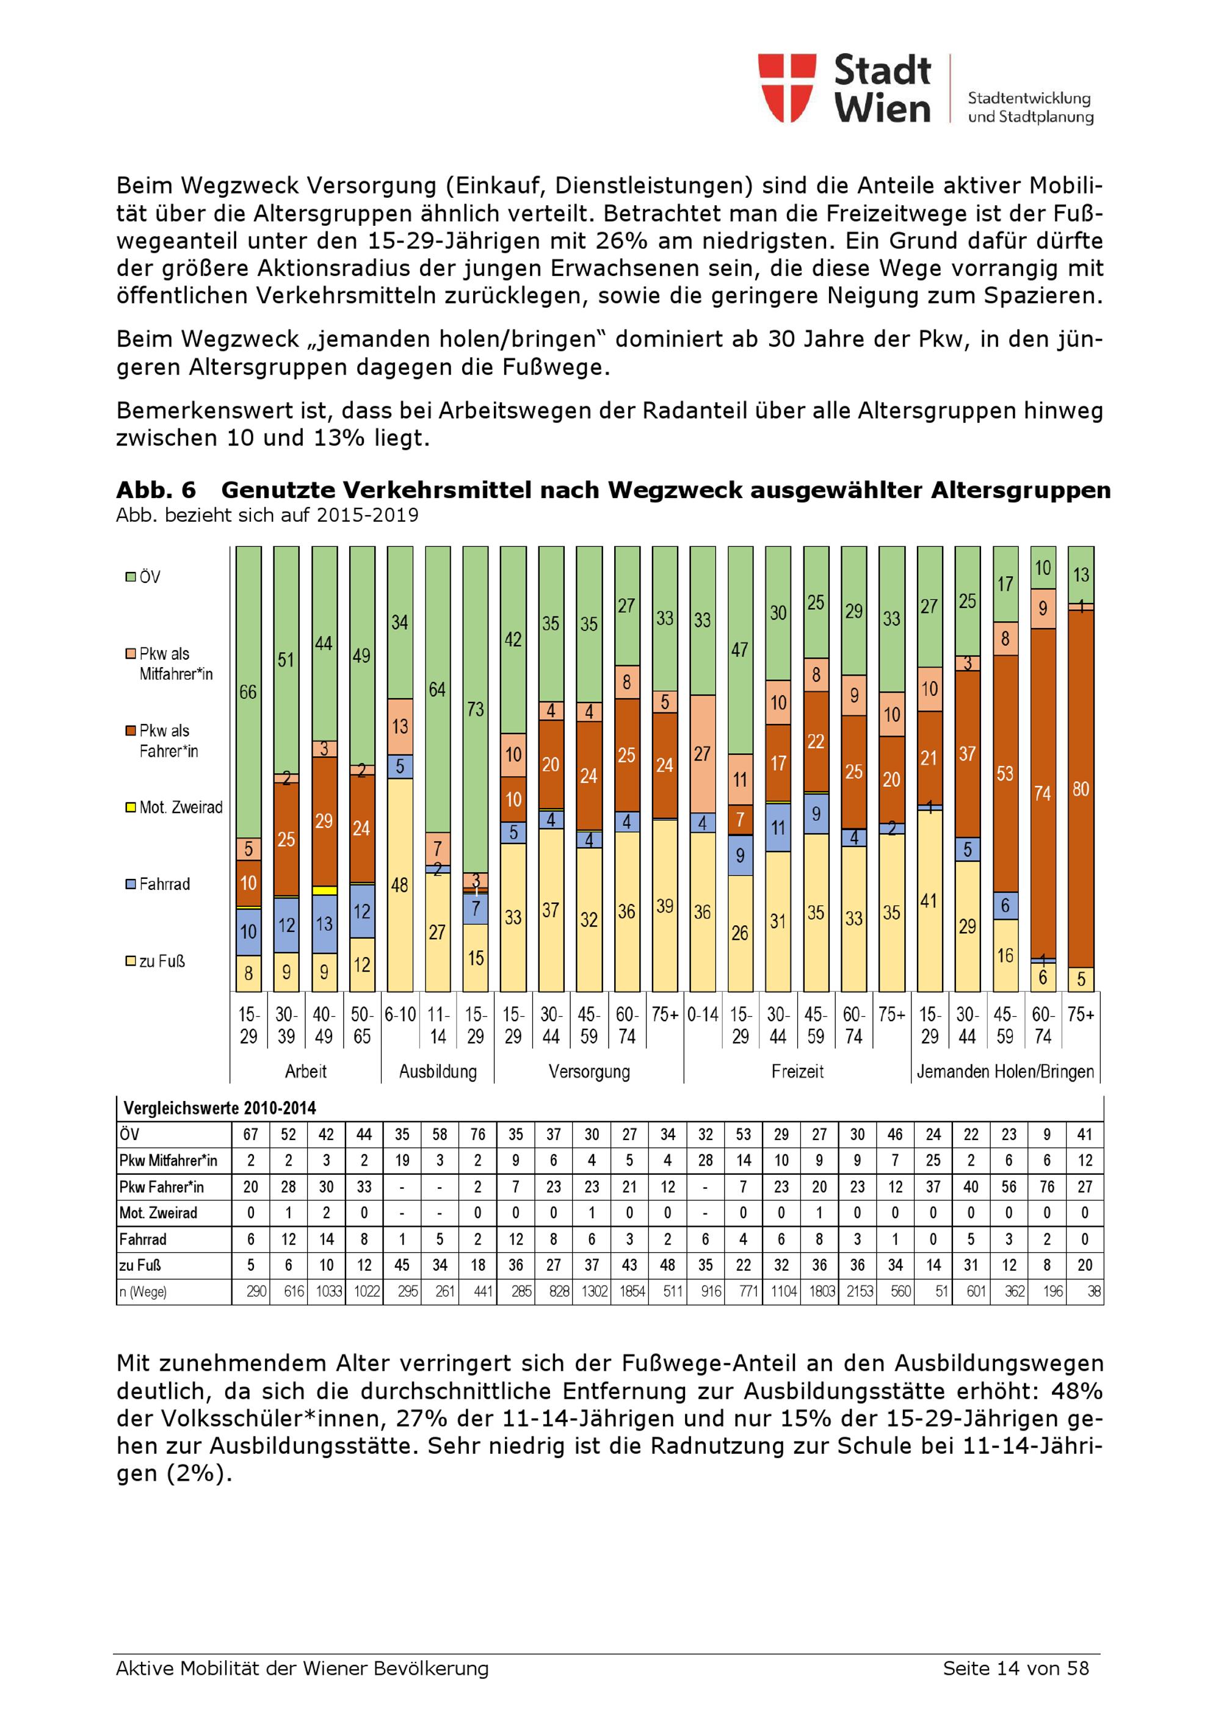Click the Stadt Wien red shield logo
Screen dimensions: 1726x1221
coord(786,87)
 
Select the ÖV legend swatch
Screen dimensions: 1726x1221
coord(130,577)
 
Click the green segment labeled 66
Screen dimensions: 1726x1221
coord(248,691)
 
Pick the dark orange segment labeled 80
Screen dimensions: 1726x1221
coord(1081,789)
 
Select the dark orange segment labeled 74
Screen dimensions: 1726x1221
coord(1042,793)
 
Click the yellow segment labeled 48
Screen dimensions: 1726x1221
coord(399,885)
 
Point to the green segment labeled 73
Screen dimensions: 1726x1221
coord(475,709)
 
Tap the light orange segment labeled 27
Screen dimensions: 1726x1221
coord(702,753)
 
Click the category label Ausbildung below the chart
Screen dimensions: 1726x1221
coord(438,1071)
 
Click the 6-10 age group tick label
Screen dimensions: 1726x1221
coord(400,1015)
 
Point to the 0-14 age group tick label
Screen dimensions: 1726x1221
coord(702,1015)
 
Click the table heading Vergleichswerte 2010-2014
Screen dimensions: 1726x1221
coord(220,1108)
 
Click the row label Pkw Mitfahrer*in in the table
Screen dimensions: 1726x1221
coord(168,1161)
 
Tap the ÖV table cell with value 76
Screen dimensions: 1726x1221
coord(477,1135)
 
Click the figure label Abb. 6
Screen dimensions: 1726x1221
coord(156,490)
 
